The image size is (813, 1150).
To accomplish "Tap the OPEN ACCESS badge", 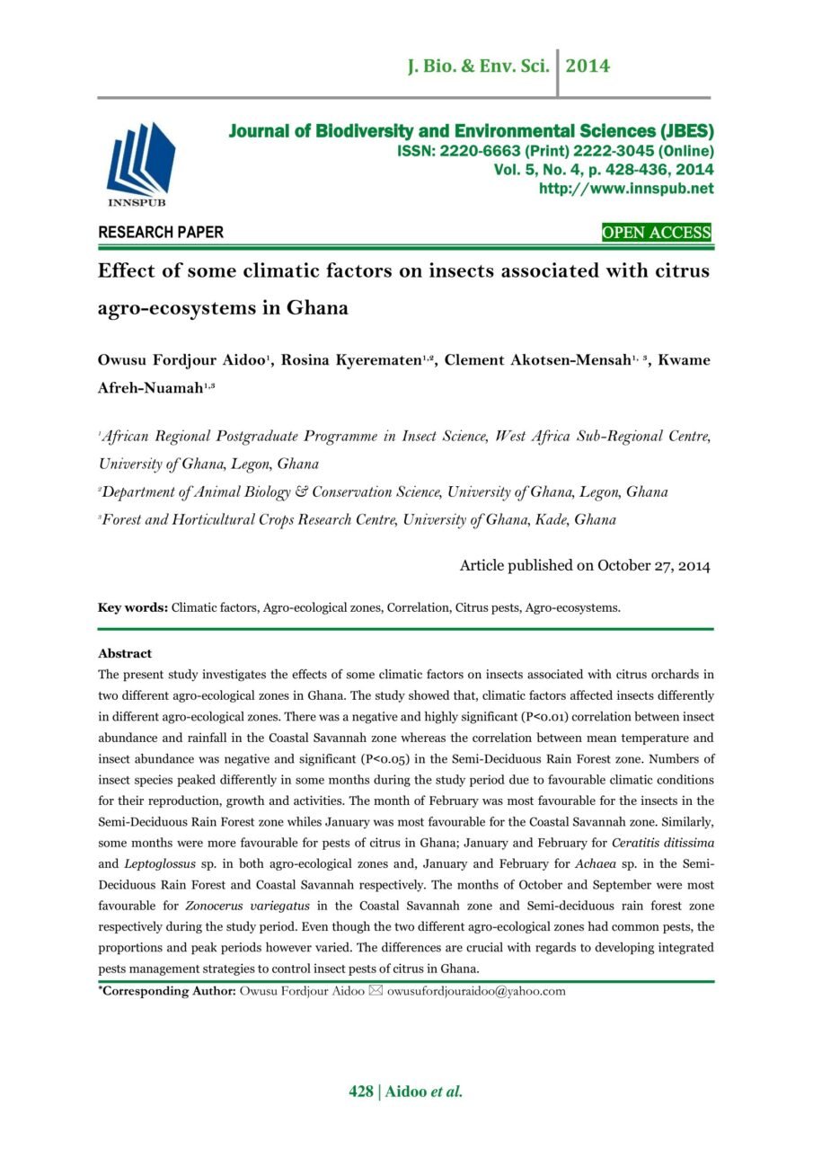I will coord(656,234).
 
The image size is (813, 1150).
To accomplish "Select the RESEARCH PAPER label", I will coord(161,233).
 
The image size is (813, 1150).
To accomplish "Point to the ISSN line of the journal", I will coord(555,151).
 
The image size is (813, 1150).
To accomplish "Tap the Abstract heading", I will coord(125,653).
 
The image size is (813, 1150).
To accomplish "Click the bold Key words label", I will coord(133,608).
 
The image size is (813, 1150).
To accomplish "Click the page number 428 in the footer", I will coord(361,1092).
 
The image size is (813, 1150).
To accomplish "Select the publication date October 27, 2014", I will coord(643,566).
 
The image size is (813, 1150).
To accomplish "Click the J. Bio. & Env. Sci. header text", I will coord(478,66).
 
